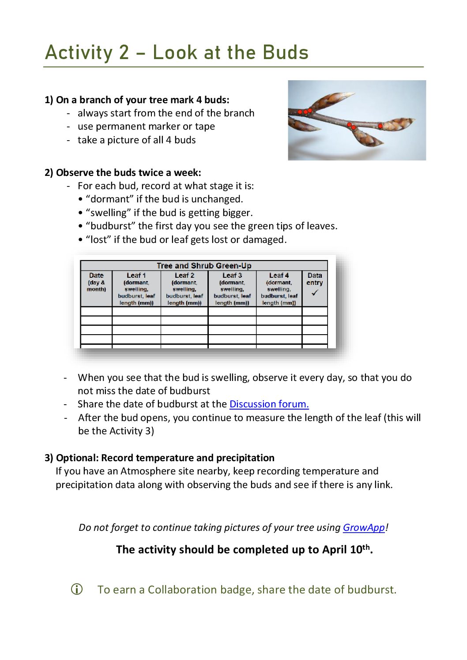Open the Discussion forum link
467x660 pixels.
pyautogui.click(x=269, y=404)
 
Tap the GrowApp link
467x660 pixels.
pyautogui.click(x=364, y=527)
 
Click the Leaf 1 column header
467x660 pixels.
pyautogui.click(x=136, y=276)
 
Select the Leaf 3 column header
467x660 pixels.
pyautogui.click(x=232, y=276)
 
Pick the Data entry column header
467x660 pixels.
pyautogui.click(x=315, y=279)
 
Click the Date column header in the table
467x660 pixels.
pyautogui.click(x=96, y=276)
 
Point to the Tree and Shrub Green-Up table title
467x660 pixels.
pyautogui.click(x=204, y=265)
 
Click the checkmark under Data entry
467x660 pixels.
pyautogui.click(x=315, y=293)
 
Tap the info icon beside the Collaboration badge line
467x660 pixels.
pyautogui.click(x=77, y=589)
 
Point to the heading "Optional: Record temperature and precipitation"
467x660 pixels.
pyautogui.click(x=165, y=458)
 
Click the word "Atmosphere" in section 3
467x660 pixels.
pyautogui.click(x=146, y=471)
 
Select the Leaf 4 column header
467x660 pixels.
pyautogui.click(x=279, y=276)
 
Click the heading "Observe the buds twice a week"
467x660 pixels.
pyautogui.click(x=128, y=172)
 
